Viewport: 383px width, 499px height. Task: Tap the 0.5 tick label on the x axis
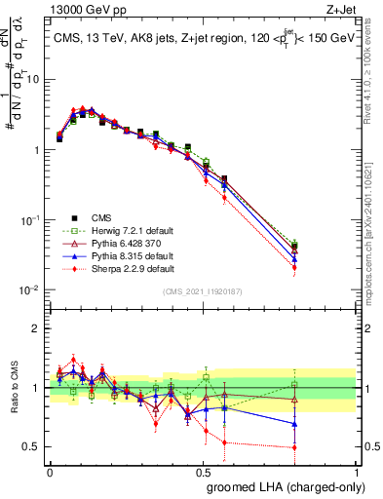(203, 471)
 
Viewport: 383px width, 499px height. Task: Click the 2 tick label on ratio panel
(37, 328)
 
